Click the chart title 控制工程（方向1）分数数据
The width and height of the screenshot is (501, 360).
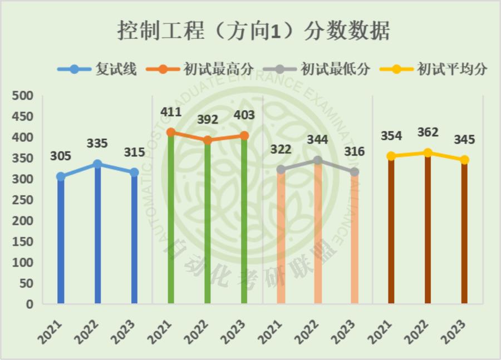[253, 31]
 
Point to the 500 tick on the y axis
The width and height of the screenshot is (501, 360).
[23, 96]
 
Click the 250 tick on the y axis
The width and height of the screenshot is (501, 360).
[23, 200]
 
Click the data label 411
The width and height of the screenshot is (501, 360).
[171, 112]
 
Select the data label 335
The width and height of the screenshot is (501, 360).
[97, 144]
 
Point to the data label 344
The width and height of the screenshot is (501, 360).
[317, 140]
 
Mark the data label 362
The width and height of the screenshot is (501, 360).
[428, 132]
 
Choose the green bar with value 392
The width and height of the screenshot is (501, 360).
[208, 223]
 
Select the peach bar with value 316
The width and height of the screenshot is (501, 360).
[354, 239]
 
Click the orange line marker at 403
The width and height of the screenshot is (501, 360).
[244, 136]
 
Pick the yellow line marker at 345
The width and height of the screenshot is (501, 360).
[464, 160]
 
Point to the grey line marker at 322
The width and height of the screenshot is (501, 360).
[281, 169]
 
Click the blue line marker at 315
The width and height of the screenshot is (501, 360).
[134, 172]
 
